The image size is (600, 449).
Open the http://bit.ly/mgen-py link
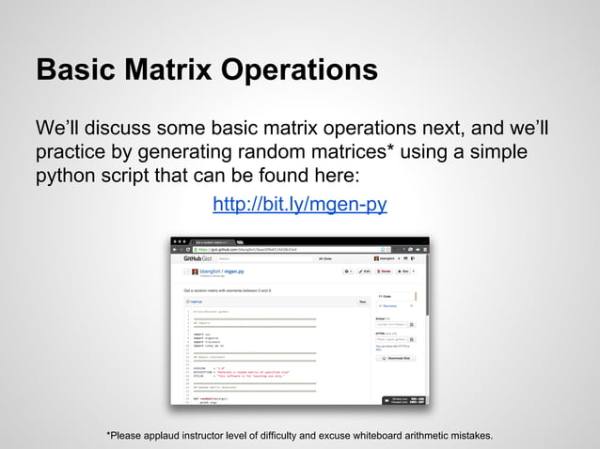coord(299,205)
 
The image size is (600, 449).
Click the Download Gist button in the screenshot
coord(397,357)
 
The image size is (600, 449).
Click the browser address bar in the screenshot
coord(282,248)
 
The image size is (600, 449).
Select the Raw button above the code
coord(362,302)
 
